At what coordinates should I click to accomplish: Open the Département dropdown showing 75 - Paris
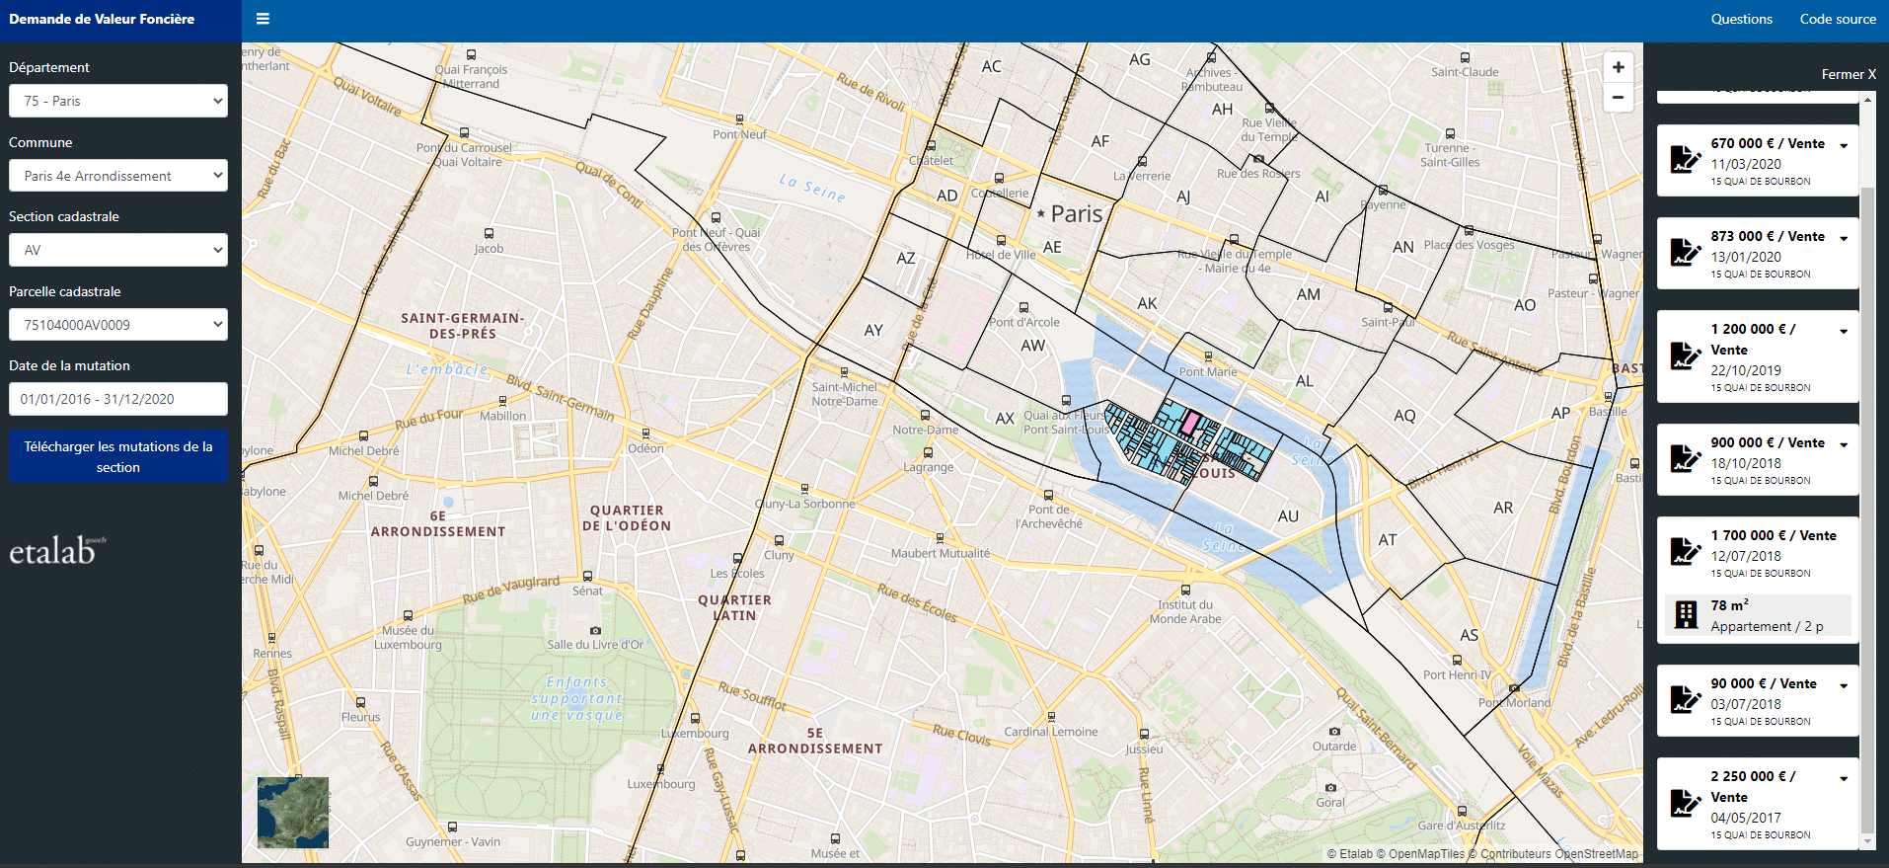point(117,101)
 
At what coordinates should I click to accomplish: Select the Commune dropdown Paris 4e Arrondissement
point(117,176)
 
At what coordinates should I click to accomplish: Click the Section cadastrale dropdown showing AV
point(117,250)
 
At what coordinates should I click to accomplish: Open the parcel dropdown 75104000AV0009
point(117,325)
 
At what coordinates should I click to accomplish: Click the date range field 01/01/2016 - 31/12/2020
point(117,399)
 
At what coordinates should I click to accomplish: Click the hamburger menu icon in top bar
point(263,19)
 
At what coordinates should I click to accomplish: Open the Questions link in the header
point(1741,19)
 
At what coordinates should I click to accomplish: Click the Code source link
point(1837,19)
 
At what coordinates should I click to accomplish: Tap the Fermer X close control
point(1848,74)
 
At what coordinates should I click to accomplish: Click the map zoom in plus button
point(1618,67)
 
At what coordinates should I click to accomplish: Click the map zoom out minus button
point(1618,97)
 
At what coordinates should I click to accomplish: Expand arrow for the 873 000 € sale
point(1843,238)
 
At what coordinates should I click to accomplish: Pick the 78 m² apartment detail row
point(1757,615)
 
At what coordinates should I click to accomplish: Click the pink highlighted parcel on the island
point(1189,425)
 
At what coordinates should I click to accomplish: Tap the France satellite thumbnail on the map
point(293,812)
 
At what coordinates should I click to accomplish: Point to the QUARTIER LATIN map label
point(734,607)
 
